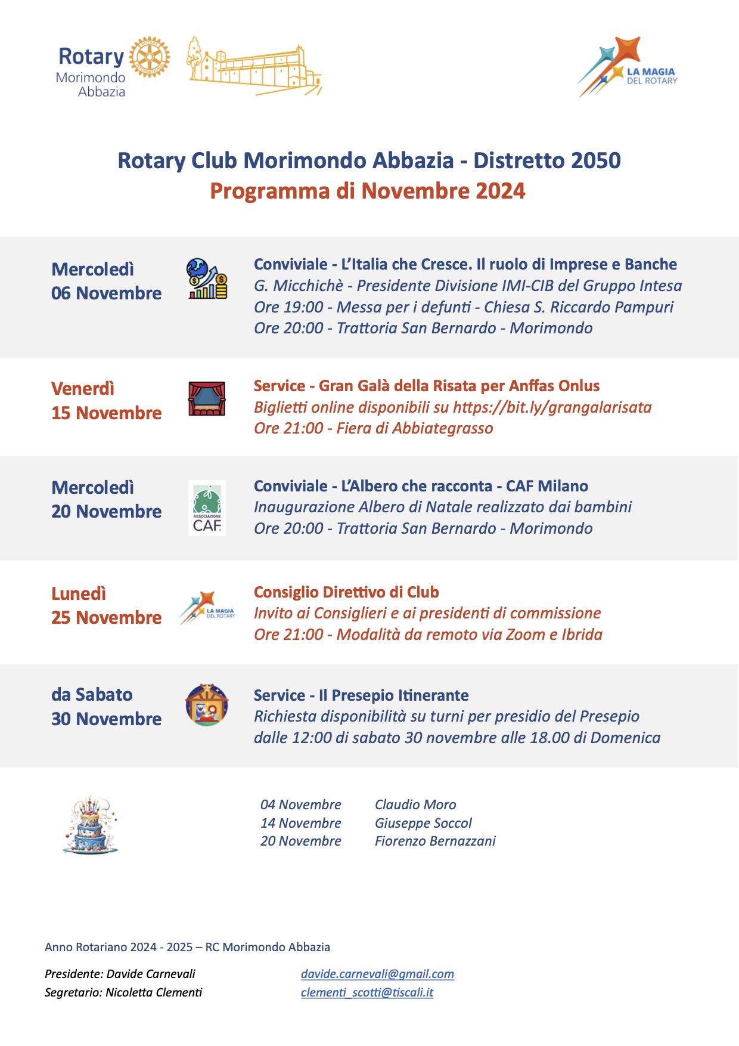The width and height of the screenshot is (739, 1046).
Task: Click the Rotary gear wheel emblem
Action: pyautogui.click(x=150, y=57)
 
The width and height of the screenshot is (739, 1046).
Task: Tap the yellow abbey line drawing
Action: pyautogui.click(x=255, y=67)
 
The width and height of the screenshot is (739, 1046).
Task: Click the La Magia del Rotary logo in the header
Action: pyautogui.click(x=627, y=67)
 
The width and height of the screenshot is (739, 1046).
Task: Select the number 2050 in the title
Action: pyautogui.click(x=595, y=160)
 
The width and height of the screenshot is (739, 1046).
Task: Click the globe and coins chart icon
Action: pyautogui.click(x=207, y=278)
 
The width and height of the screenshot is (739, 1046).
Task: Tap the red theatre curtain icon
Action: pyautogui.click(x=207, y=398)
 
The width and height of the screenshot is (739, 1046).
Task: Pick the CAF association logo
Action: pyautogui.click(x=207, y=507)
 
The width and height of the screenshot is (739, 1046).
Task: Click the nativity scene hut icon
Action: pyautogui.click(x=207, y=705)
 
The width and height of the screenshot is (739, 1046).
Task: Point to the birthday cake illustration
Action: pyautogui.click(x=91, y=824)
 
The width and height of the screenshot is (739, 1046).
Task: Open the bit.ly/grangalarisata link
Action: pyautogui.click(x=552, y=407)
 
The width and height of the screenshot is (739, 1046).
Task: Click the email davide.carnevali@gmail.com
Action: pyautogui.click(x=377, y=974)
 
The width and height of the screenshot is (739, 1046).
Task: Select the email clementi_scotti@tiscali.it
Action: pyautogui.click(x=367, y=992)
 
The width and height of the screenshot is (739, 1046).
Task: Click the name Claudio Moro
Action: pyautogui.click(x=415, y=804)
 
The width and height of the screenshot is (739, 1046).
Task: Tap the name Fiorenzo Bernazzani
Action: pyautogui.click(x=435, y=841)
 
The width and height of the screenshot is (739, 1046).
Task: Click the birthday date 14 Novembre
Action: pyautogui.click(x=300, y=823)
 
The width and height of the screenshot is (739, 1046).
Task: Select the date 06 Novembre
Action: pyautogui.click(x=106, y=293)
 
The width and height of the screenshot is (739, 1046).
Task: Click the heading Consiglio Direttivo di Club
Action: pyautogui.click(x=346, y=592)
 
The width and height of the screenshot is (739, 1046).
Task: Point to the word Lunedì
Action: pyautogui.click(x=79, y=594)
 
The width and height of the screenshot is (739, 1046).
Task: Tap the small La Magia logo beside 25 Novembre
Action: pyautogui.click(x=207, y=608)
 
